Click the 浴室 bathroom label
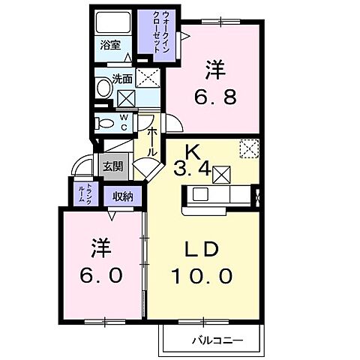point(111,45)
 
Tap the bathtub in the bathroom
point(114,22)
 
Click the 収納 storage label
point(124,196)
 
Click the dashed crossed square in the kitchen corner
point(247,148)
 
